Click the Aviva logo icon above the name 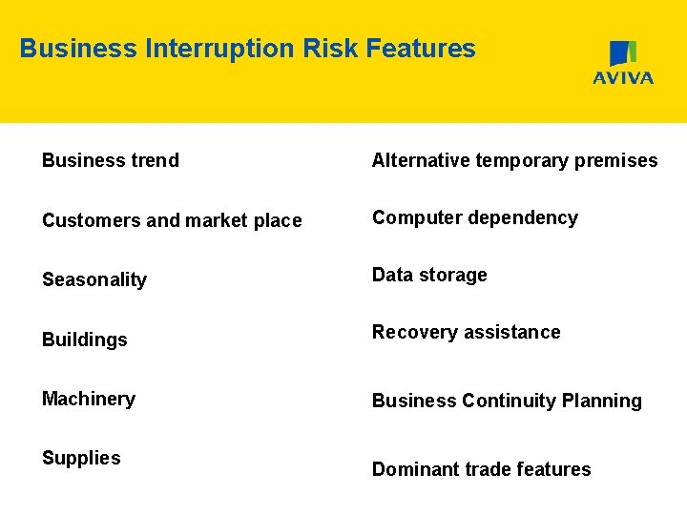coord(623,53)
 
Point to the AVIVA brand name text coord(623,78)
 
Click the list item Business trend coord(111,160)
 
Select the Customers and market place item coord(172,220)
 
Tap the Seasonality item coord(94,279)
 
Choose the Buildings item coord(85,340)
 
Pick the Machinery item coord(89,399)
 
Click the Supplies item coord(81,458)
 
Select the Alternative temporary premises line coord(514,160)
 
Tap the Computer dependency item coord(475,217)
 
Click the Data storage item coord(429,275)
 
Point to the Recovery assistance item coord(467,332)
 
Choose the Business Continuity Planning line coord(507,401)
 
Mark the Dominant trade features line coord(481,469)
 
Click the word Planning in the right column coord(605,401)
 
